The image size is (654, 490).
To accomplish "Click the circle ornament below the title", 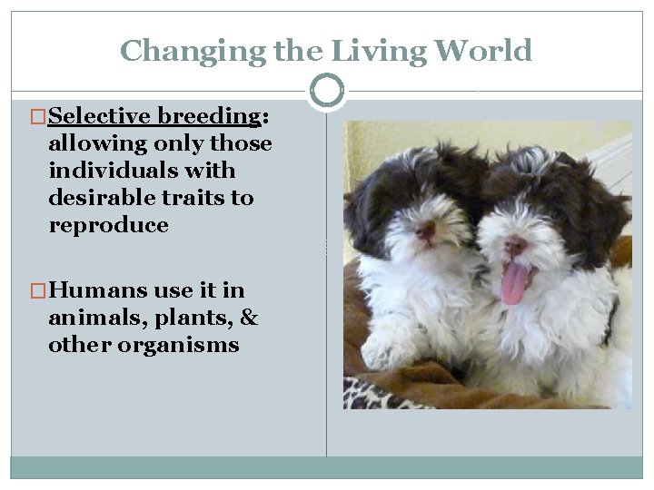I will [327, 91].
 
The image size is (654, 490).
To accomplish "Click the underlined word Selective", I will [100, 116].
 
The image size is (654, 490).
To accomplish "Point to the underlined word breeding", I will [209, 116].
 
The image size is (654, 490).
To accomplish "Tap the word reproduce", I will [108, 225].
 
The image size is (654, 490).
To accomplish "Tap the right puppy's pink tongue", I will [514, 283].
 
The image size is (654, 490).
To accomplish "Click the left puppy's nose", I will [425, 230].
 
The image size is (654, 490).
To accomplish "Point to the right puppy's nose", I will [515, 245].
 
